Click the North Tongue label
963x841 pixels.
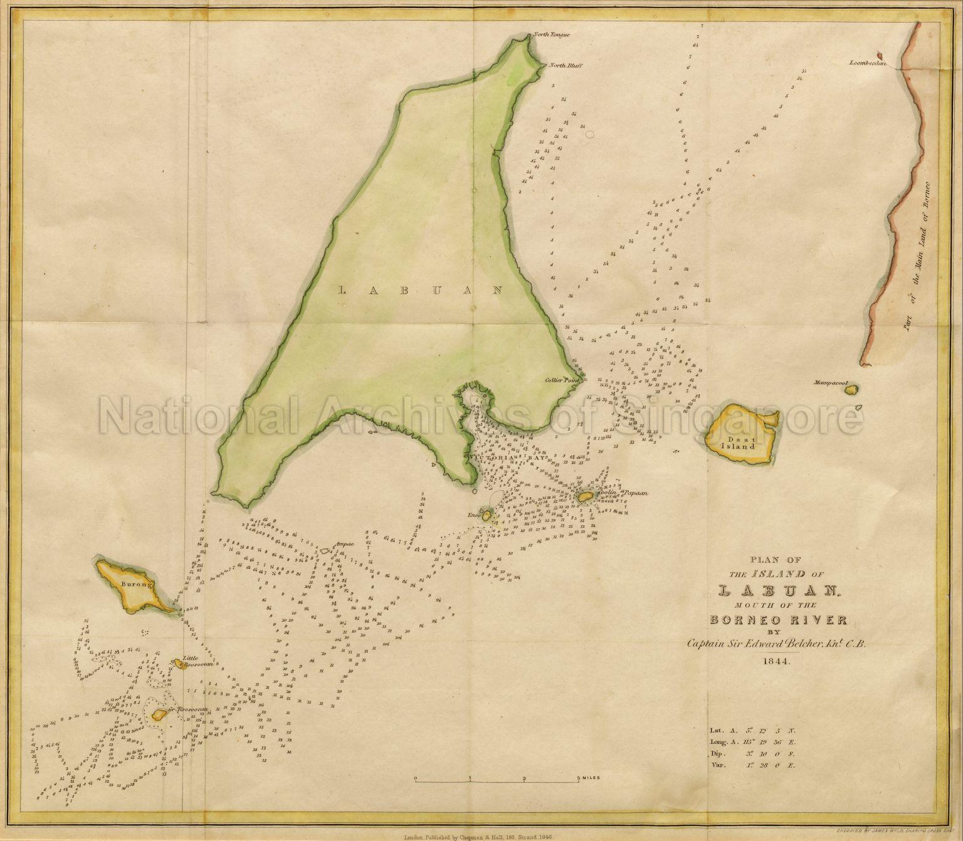(x=552, y=35)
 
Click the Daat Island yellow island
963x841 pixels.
(x=740, y=433)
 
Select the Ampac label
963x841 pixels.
(x=345, y=545)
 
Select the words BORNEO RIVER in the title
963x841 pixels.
(x=778, y=620)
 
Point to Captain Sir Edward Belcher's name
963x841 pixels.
(x=777, y=643)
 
